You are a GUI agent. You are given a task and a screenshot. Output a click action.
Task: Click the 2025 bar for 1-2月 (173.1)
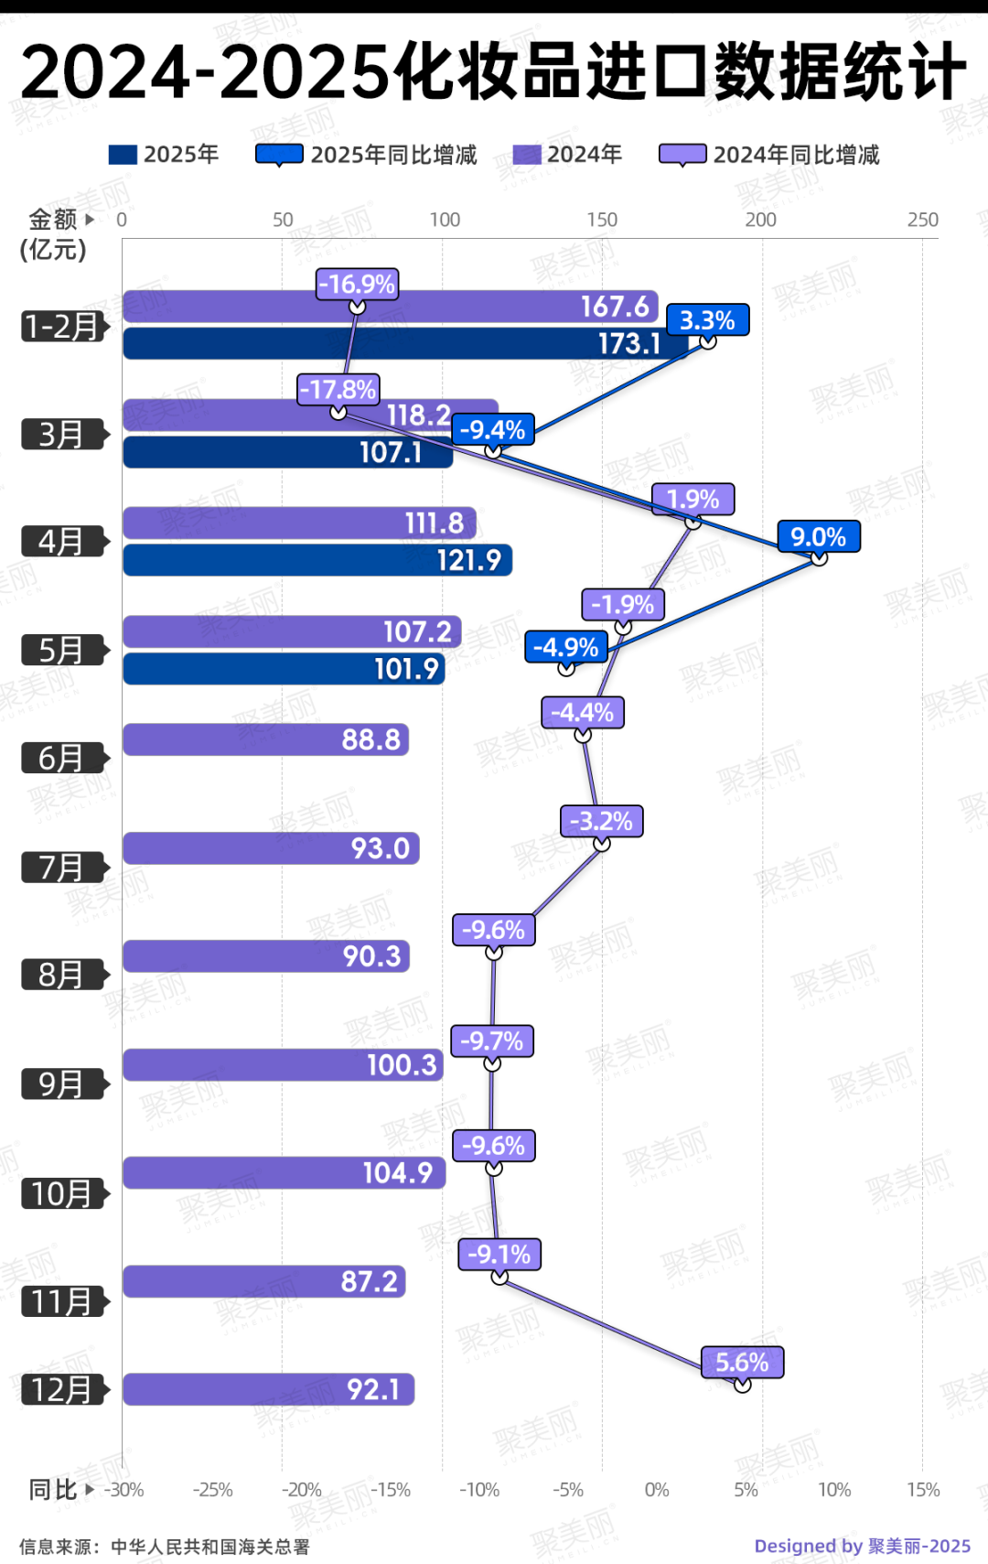[403, 343]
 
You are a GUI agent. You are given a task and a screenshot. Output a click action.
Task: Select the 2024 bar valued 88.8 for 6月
[265, 739]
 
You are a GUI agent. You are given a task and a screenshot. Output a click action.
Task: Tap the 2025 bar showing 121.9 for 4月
[317, 560]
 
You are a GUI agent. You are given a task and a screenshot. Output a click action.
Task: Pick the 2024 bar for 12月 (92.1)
[268, 1389]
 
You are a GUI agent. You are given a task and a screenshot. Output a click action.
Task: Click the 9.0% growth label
[819, 537]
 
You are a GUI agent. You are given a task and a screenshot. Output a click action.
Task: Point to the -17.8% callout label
[338, 390]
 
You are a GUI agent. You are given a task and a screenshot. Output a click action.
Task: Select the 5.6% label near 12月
[742, 1363]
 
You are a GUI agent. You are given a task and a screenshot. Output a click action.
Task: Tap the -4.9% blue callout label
[566, 647]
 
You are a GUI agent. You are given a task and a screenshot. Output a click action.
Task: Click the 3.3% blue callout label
[707, 320]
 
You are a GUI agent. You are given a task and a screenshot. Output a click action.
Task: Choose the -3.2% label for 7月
[601, 821]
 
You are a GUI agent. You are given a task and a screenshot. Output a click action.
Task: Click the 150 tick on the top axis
[602, 220]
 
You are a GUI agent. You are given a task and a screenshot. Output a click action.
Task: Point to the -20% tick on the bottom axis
[301, 1490]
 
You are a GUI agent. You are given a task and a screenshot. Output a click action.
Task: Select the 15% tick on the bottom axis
[923, 1490]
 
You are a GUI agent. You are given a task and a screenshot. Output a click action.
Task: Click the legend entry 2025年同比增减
[367, 155]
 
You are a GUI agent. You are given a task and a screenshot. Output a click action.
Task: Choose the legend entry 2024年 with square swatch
[567, 155]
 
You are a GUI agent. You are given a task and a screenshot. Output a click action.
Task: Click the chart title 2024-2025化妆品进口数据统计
[494, 71]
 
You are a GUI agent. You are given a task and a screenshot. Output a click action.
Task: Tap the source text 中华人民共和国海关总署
[210, 1547]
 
